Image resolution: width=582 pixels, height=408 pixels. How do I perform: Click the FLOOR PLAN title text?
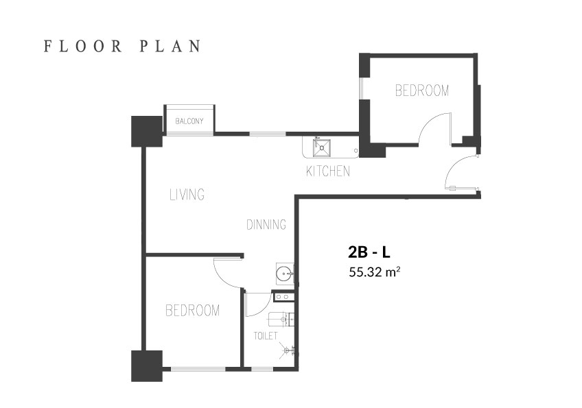(122, 47)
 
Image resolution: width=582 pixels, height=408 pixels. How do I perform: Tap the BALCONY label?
(189, 121)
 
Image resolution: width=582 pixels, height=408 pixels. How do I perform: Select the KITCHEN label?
(328, 171)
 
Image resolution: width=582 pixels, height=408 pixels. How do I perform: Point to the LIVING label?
(187, 194)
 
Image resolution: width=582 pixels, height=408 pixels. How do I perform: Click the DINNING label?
(266, 224)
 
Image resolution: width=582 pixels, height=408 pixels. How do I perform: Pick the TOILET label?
(266, 336)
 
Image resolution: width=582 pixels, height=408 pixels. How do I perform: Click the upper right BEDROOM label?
(422, 91)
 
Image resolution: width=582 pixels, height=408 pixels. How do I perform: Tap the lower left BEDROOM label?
(192, 311)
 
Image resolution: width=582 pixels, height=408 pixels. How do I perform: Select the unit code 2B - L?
(369, 252)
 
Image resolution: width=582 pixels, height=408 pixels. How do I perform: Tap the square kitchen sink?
(321, 148)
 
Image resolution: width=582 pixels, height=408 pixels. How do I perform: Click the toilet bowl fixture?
(282, 319)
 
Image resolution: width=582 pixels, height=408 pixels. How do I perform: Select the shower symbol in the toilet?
(288, 350)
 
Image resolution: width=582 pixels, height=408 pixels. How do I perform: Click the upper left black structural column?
(147, 131)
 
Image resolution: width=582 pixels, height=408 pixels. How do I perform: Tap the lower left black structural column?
(147, 366)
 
